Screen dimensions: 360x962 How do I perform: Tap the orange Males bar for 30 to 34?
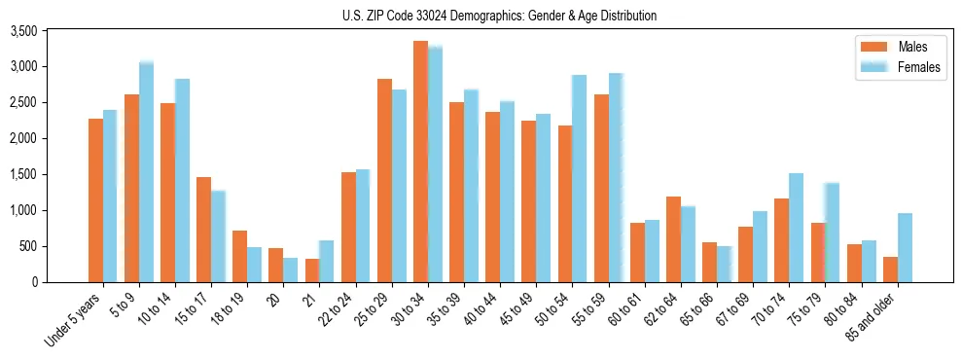420,162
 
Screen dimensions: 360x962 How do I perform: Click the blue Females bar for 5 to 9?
146,171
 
